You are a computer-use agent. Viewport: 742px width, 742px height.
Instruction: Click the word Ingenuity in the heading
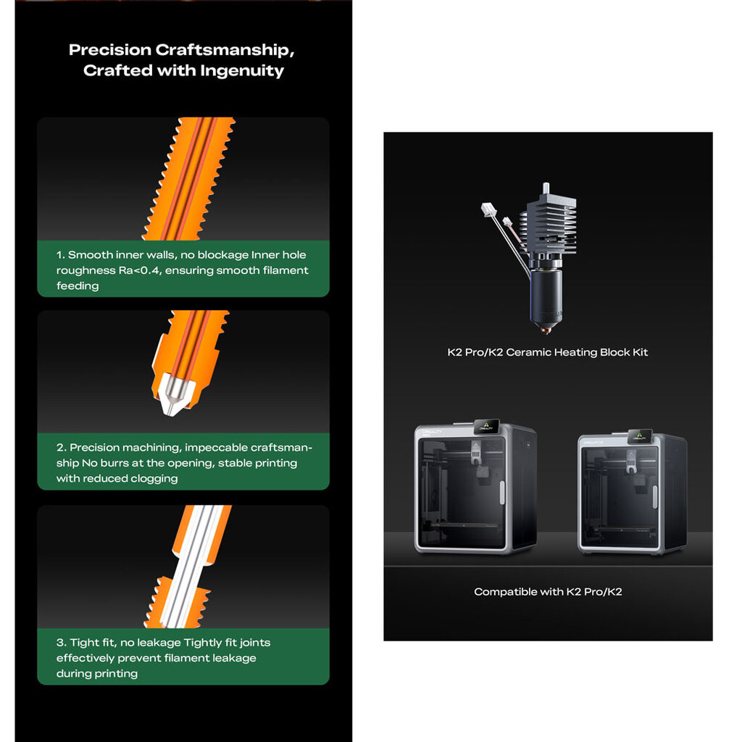(242, 71)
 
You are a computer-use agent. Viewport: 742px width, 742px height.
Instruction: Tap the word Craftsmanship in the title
(225, 50)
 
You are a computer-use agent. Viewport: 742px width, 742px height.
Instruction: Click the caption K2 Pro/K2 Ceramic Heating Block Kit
(548, 353)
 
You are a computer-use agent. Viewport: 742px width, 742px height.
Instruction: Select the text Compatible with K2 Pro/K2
(548, 592)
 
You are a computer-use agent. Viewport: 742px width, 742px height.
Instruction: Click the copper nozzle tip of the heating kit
(546, 328)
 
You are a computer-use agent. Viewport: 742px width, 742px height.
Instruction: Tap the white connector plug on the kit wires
(488, 209)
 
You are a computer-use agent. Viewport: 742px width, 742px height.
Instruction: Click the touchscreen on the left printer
(487, 426)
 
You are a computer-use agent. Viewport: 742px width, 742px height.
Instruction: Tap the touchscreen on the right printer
(640, 435)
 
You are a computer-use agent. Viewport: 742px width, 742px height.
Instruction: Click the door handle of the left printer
(502, 492)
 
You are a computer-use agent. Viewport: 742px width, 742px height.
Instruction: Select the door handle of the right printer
(655, 496)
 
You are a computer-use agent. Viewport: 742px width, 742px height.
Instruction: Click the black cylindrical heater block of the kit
(546, 296)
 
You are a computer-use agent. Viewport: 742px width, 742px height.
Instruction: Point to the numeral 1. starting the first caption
(61, 255)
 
